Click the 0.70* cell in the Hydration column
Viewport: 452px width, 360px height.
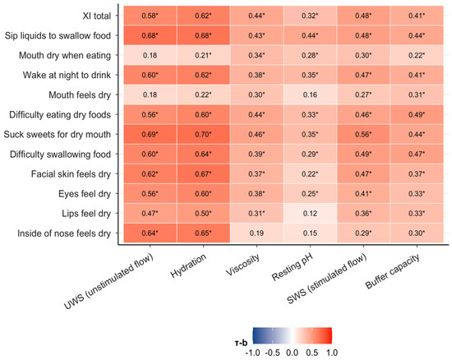(x=203, y=134)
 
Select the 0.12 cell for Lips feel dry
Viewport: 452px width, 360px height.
(x=310, y=214)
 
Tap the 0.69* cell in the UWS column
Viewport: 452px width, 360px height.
(x=150, y=134)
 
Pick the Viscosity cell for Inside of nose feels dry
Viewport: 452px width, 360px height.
(x=256, y=233)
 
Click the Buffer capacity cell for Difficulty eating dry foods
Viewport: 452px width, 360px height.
(x=417, y=115)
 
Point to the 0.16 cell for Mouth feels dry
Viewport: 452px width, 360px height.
(x=310, y=95)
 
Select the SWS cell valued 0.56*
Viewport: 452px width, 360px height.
(x=363, y=134)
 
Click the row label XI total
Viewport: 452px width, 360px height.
(x=97, y=16)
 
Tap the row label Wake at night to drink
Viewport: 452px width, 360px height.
(x=67, y=76)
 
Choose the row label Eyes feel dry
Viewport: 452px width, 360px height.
(x=85, y=194)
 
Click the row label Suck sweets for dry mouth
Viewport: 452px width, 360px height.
(x=58, y=135)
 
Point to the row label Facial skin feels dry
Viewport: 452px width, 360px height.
(x=71, y=174)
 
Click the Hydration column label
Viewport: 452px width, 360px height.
(x=188, y=265)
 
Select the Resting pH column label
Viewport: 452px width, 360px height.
(x=293, y=267)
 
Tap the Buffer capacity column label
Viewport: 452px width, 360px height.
(x=392, y=271)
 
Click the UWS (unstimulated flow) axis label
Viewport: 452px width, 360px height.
(x=108, y=282)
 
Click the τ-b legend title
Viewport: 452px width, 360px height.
(x=241, y=343)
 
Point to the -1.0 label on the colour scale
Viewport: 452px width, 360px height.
(x=252, y=353)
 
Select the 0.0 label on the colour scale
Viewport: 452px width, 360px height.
(x=292, y=353)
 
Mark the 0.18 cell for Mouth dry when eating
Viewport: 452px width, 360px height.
(x=150, y=55)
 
